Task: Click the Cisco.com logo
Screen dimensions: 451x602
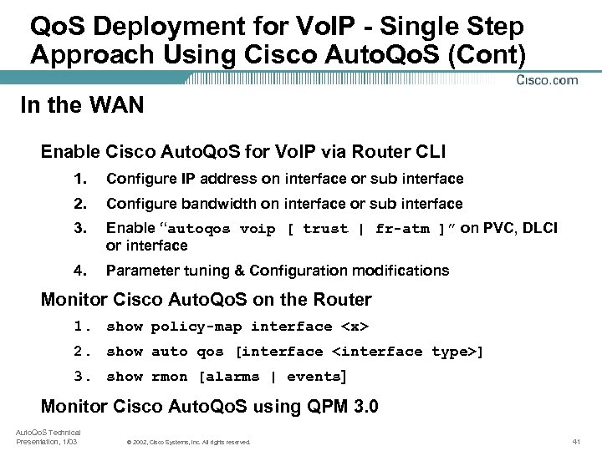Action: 547,80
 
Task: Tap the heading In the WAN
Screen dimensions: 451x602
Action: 82,106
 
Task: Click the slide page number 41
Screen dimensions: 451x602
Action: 576,440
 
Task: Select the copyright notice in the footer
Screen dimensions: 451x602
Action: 187,441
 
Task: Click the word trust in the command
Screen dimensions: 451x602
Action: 325,229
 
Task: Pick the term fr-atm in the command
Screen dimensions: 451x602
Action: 400,229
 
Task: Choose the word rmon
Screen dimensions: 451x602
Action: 170,377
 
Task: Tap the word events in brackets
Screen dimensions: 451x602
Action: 314,377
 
